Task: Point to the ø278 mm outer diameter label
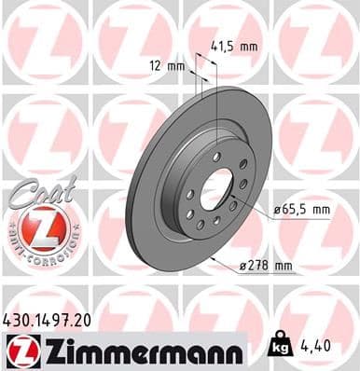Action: point(266,267)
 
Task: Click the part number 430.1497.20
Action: point(52,320)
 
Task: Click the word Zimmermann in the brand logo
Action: point(137,350)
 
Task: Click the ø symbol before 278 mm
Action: point(242,267)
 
